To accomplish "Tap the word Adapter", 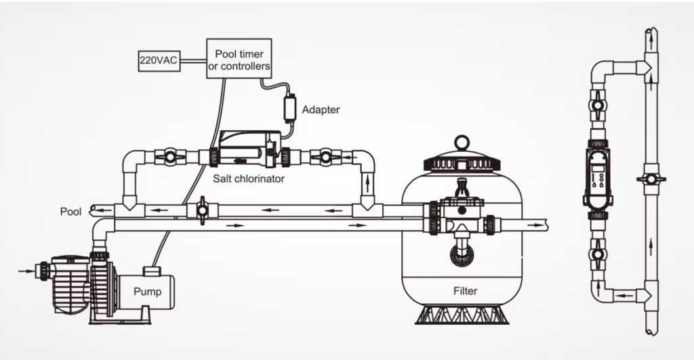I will [x=321, y=108].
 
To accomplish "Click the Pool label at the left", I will [x=70, y=212].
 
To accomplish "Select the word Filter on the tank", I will [x=465, y=292].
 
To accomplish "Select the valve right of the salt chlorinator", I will [x=325, y=157].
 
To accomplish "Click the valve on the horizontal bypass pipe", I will [x=201, y=212].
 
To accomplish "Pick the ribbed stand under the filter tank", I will [x=463, y=315].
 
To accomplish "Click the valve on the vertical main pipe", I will [x=651, y=180].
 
